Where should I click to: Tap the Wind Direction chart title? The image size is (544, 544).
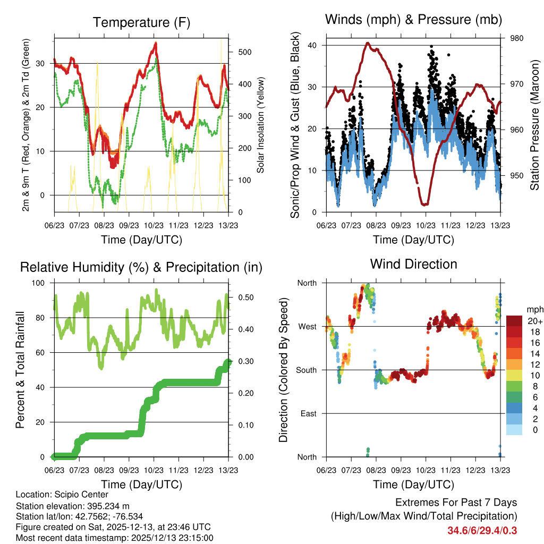coord(413,263)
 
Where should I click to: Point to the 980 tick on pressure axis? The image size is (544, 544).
coord(517,38)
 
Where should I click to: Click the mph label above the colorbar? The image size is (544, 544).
coord(533,309)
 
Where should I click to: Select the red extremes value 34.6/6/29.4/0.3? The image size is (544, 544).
coord(482,530)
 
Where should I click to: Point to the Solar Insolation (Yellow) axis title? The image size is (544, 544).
coord(260,125)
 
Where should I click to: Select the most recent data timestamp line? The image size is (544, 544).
coord(114,538)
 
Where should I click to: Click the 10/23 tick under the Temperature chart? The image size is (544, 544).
coord(154,225)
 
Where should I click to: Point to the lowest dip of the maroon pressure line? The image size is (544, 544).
coord(424,204)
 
